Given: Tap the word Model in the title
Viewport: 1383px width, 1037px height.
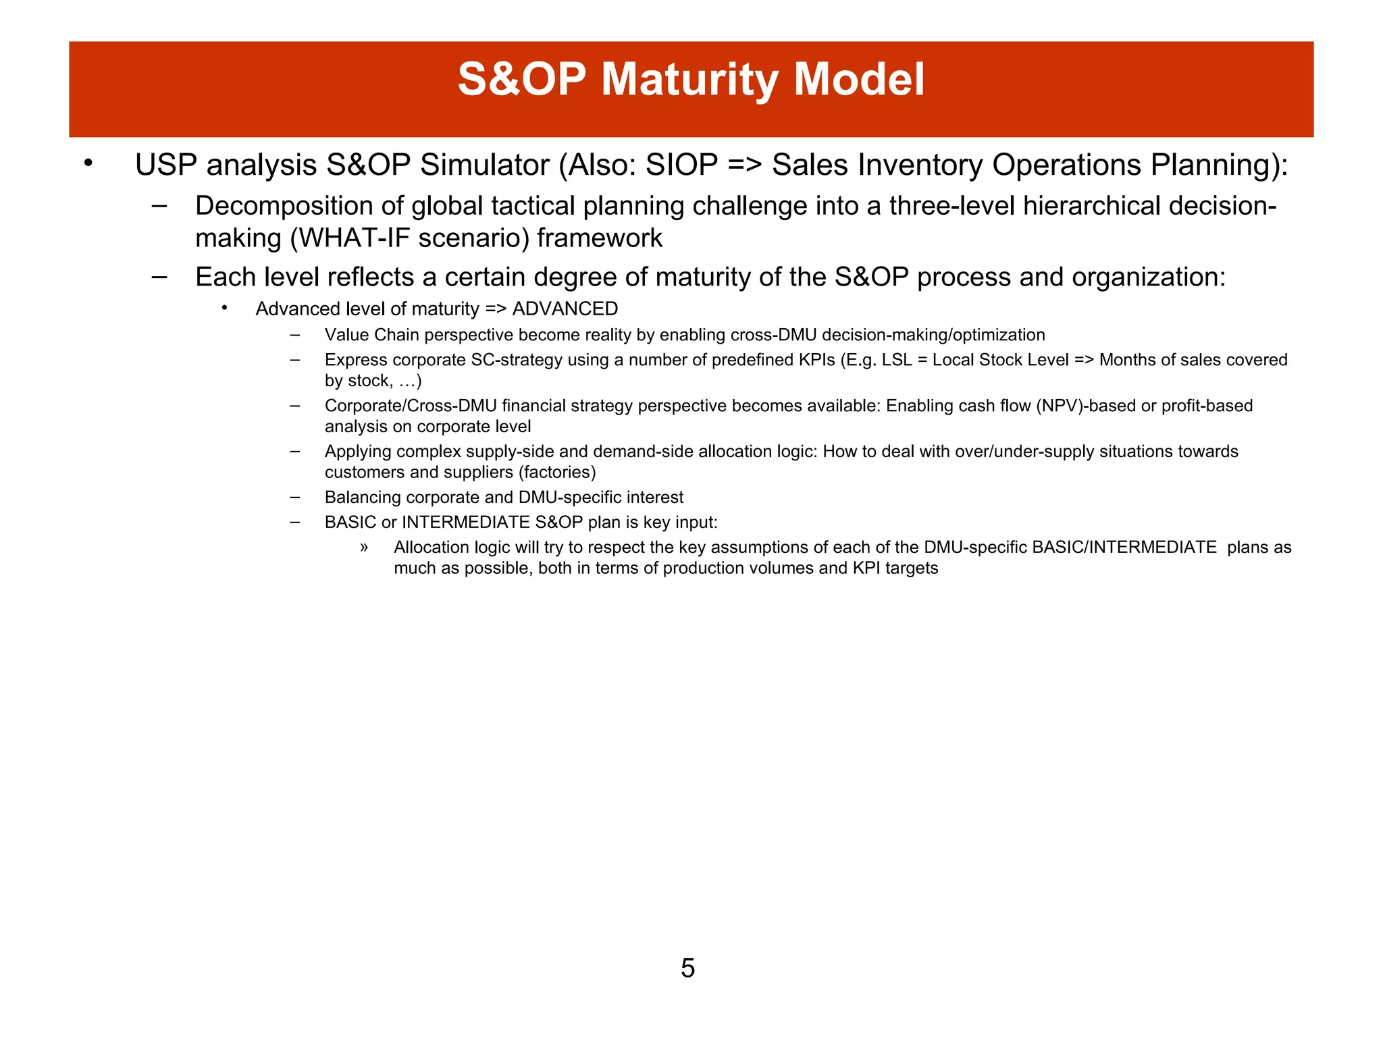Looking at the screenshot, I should click(x=859, y=80).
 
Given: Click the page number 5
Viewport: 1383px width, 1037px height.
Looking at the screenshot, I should click(x=687, y=968).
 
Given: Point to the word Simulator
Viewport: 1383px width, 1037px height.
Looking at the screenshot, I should click(x=484, y=165).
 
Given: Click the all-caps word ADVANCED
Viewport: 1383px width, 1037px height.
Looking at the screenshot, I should click(x=565, y=309).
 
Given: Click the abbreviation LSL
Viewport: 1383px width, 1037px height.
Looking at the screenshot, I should click(x=897, y=360).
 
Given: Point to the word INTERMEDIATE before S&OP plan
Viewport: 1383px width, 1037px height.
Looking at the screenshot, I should click(x=465, y=523).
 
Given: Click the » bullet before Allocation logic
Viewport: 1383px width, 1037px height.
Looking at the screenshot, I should click(x=364, y=548).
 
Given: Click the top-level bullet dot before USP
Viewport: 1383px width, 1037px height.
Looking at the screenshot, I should click(x=88, y=163).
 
